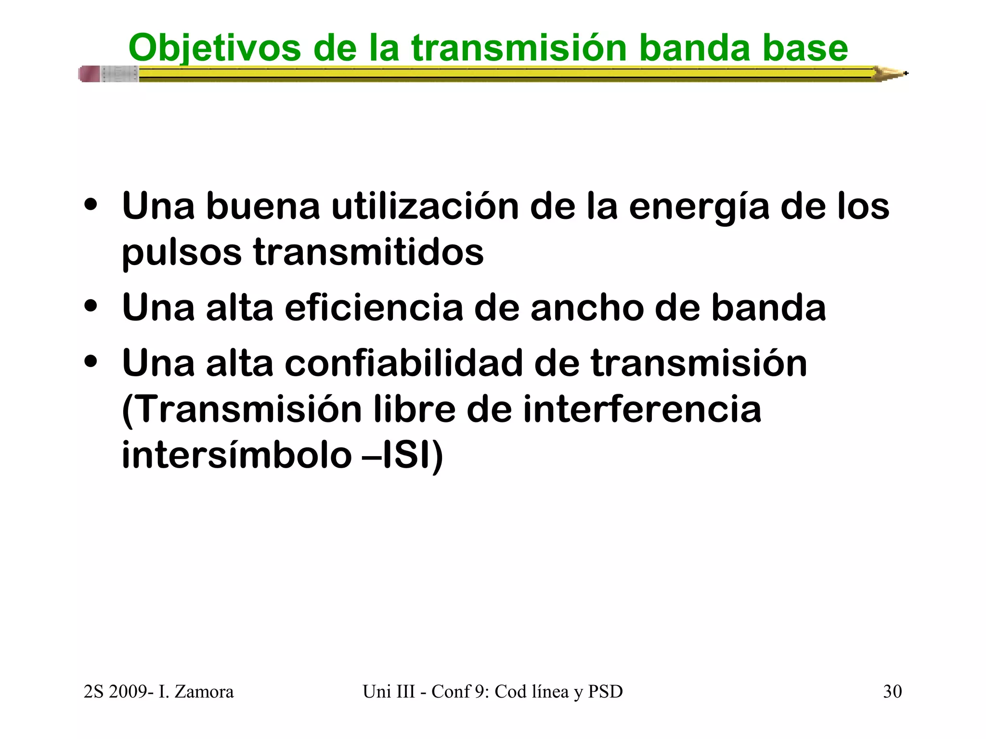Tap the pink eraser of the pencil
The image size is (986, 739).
pyautogui.click(x=90, y=74)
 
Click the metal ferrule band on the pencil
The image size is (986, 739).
pyautogui.click(x=119, y=74)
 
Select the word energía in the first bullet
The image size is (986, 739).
pyautogui.click(x=699, y=207)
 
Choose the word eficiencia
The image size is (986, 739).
pyautogui.click(x=374, y=308)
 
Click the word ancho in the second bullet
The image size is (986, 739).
pyautogui.click(x=587, y=308)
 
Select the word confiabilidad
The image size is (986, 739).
pyautogui.click(x=403, y=363)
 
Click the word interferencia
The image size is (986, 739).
pyautogui.click(x=642, y=409)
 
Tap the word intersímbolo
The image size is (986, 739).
pyautogui.click(x=236, y=455)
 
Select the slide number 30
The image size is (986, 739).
pyautogui.click(x=892, y=691)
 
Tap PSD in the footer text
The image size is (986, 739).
pyautogui.click(x=605, y=691)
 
